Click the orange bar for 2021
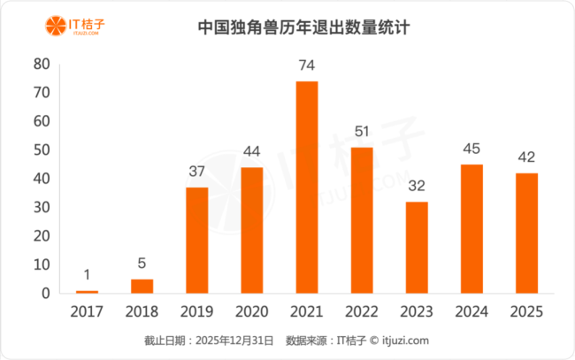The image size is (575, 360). pyautogui.click(x=306, y=187)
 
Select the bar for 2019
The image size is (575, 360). pyautogui.click(x=197, y=240)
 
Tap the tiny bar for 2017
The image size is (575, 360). pyautogui.click(x=88, y=291)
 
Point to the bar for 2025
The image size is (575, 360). pyautogui.click(x=526, y=233)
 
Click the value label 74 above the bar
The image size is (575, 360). pyautogui.click(x=306, y=65)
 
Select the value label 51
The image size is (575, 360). pyautogui.click(x=361, y=132)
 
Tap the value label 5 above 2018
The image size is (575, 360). pyautogui.click(x=142, y=264)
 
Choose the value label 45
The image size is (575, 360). pyautogui.click(x=471, y=149)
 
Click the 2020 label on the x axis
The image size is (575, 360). pyautogui.click(x=252, y=312)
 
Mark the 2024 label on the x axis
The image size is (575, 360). pyautogui.click(x=471, y=312)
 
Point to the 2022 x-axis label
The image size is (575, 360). pyautogui.click(x=361, y=312)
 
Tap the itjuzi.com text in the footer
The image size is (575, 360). pyautogui.click(x=406, y=341)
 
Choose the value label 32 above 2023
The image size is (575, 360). pyautogui.click(x=417, y=186)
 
